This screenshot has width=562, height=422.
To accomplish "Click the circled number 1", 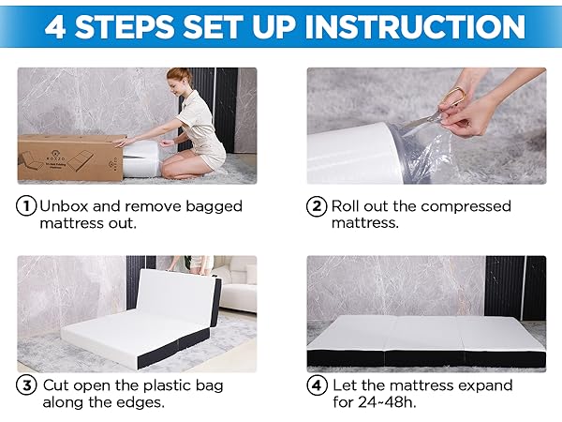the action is pos(26,206).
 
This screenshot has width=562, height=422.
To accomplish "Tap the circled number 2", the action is pos(317,206).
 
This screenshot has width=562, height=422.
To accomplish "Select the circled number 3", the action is pos(26,385).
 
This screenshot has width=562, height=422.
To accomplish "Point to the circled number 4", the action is pos(317,385).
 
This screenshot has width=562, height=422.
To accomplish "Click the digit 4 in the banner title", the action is pos(55,27).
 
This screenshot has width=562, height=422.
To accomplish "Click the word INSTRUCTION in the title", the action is pos(415,27).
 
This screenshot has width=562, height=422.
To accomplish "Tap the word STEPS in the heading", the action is pos(125,27).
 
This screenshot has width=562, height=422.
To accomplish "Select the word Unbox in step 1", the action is pos(64,206).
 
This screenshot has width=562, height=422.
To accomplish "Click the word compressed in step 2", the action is pos(466,206).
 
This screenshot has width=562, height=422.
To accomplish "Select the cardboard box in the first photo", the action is pos(71,157).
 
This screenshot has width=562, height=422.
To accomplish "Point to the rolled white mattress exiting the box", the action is pos(142,158).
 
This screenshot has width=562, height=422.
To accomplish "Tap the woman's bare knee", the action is pos(170,166).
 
